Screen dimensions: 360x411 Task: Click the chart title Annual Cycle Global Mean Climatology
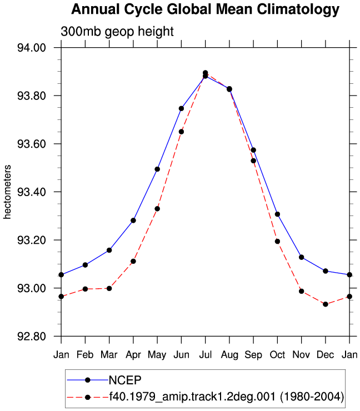click(205, 9)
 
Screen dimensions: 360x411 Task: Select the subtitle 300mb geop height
click(117, 32)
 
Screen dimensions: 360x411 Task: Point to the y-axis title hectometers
click(7, 192)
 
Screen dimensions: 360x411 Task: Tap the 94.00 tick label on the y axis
click(32, 48)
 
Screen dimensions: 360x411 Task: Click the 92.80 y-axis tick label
click(32, 336)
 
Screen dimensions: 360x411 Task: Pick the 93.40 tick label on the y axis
click(32, 192)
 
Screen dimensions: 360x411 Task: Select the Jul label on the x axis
click(206, 355)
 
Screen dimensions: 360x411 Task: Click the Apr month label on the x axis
click(133, 355)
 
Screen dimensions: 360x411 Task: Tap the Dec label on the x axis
click(326, 355)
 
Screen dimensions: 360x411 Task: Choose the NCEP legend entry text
click(125, 380)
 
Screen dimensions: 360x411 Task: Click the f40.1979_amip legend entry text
click(227, 397)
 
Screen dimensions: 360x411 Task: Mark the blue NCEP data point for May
click(157, 169)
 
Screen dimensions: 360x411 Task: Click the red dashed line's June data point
click(181, 132)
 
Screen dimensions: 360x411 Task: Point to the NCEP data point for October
click(277, 214)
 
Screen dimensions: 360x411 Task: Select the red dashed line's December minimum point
click(326, 304)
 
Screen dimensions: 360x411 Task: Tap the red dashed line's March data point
click(109, 288)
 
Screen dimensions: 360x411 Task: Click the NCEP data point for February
click(85, 265)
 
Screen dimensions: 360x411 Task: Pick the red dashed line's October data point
click(277, 242)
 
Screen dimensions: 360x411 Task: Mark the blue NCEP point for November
click(302, 257)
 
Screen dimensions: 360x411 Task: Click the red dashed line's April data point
click(133, 262)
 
